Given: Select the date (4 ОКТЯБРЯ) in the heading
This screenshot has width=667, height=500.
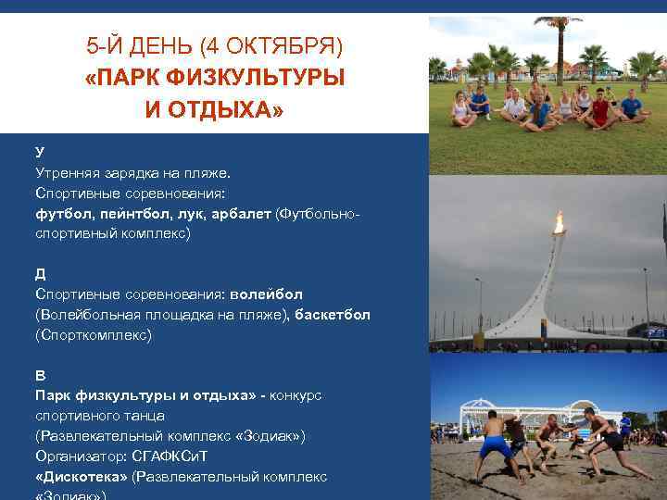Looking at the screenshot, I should tap(271, 45).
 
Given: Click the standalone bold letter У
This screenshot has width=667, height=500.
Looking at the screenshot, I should tap(40, 151).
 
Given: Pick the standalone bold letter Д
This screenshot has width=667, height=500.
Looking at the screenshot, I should tap(41, 274).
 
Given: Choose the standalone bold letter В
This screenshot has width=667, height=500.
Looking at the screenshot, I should tap(40, 375).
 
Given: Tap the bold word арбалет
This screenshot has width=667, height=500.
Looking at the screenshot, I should tap(242, 214).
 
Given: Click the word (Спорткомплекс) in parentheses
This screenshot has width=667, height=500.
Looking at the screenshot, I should tap(93, 335).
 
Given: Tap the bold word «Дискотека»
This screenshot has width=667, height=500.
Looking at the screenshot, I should tap(82, 477).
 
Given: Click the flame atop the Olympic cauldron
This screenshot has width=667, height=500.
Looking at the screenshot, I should tap(559, 221).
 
